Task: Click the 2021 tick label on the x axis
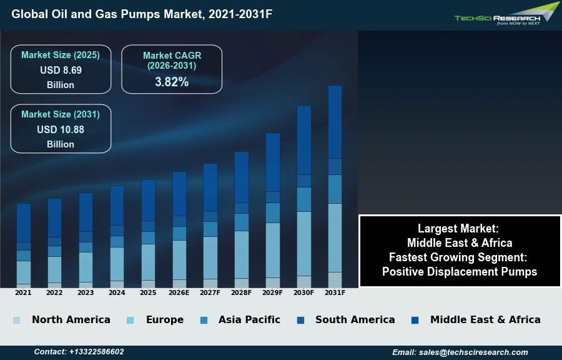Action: click(x=23, y=292)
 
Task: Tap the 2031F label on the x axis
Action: click(x=335, y=292)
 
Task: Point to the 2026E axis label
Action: click(x=179, y=292)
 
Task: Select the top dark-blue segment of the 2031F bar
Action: click(x=335, y=122)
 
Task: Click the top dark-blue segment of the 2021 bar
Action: click(x=24, y=222)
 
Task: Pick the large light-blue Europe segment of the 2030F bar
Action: click(x=304, y=244)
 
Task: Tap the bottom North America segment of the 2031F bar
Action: click(x=335, y=279)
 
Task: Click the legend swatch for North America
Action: click(x=16, y=321)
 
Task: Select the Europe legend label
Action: click(x=165, y=320)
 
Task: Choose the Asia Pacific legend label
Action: click(x=249, y=320)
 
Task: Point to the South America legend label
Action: click(x=355, y=320)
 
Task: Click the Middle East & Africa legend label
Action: click(x=485, y=320)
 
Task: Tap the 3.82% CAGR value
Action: click(x=172, y=82)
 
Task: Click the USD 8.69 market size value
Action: click(x=61, y=71)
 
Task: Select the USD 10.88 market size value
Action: click(x=61, y=130)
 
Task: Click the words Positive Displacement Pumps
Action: click(x=460, y=272)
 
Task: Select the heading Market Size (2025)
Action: click(x=61, y=55)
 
